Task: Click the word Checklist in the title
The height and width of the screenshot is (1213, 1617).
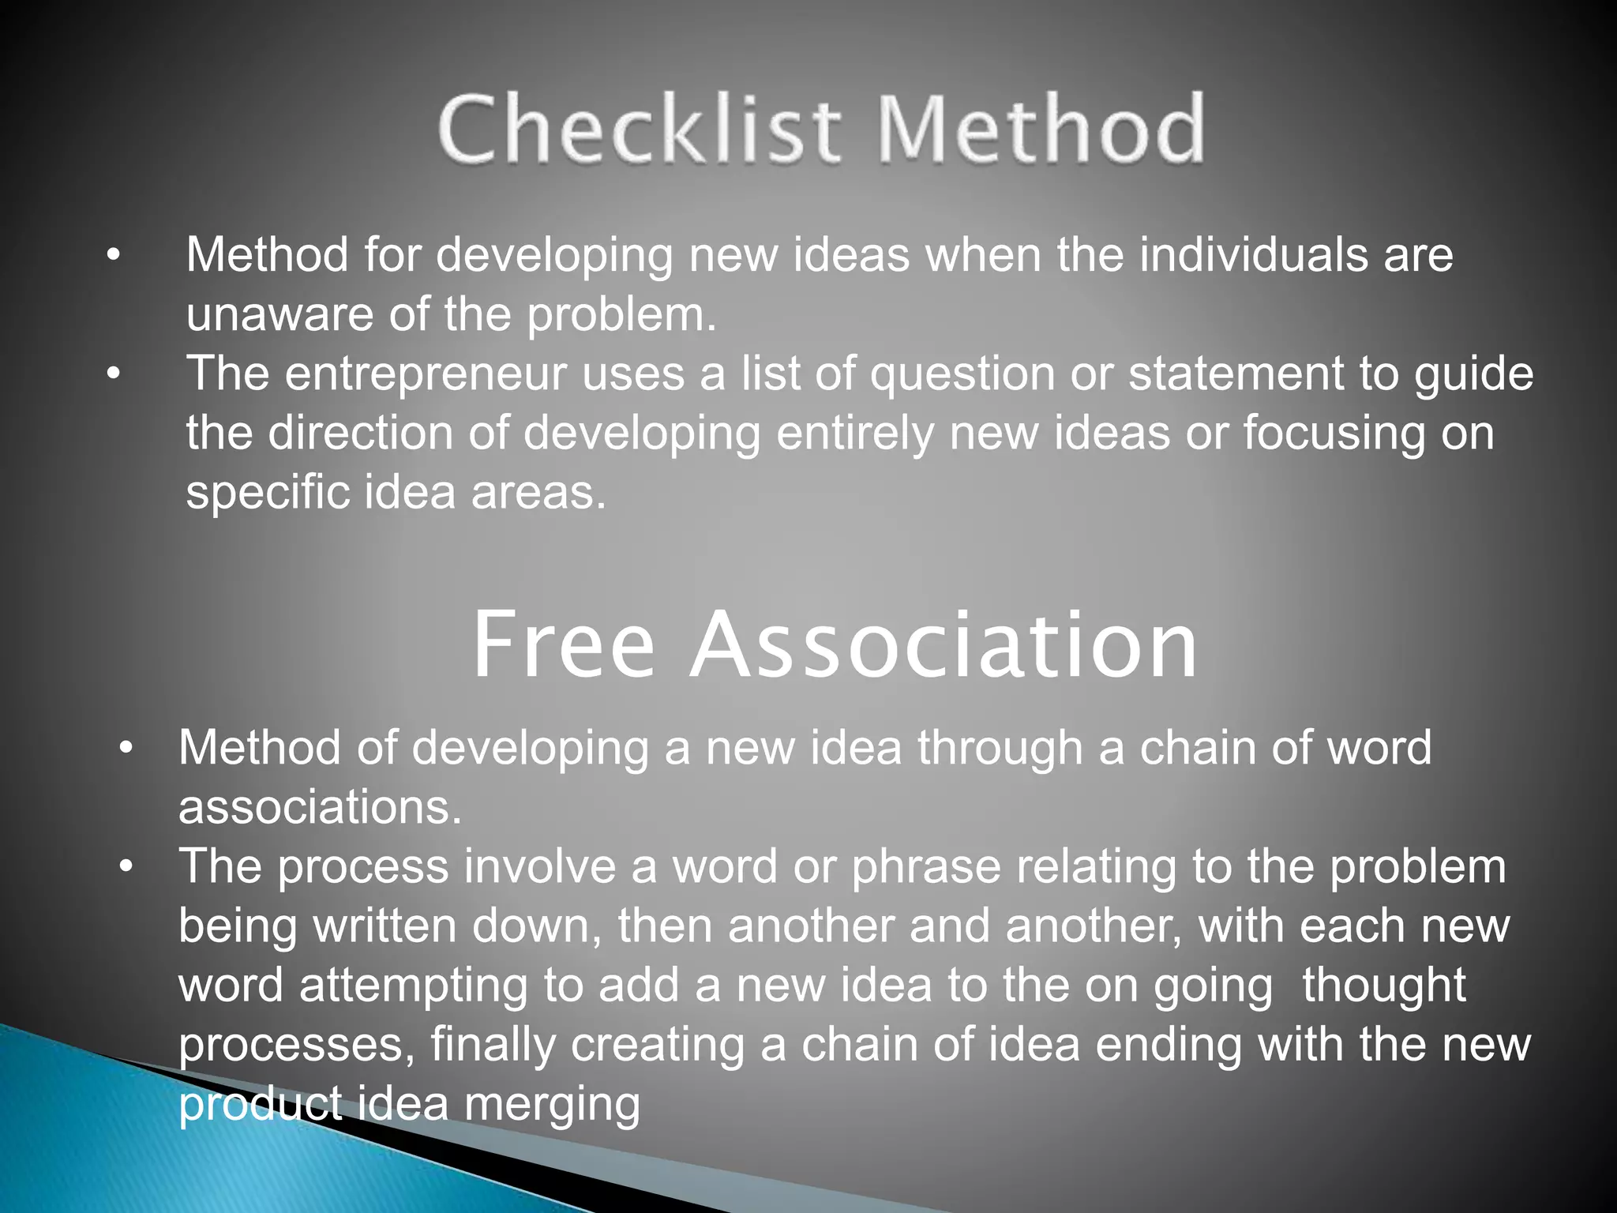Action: (x=640, y=129)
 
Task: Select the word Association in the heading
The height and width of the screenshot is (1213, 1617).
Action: (x=944, y=645)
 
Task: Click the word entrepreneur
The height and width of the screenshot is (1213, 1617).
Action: (x=426, y=374)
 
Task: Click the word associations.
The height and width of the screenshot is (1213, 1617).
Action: (x=320, y=807)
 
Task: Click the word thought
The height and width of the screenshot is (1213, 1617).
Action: (x=1383, y=986)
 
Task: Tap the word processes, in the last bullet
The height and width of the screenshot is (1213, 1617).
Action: (x=296, y=1046)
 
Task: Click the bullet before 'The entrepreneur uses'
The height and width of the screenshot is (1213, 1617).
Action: (x=114, y=374)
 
